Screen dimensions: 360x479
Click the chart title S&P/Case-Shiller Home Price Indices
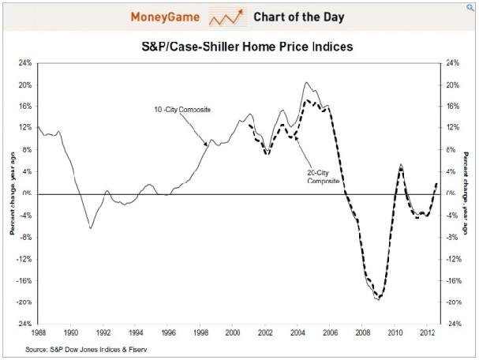point(241,47)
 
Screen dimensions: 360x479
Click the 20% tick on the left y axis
point(24,84)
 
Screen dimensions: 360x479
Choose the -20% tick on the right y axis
point(451,302)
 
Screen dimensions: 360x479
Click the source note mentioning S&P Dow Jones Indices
point(87,348)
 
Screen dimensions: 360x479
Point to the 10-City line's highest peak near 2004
point(306,82)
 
